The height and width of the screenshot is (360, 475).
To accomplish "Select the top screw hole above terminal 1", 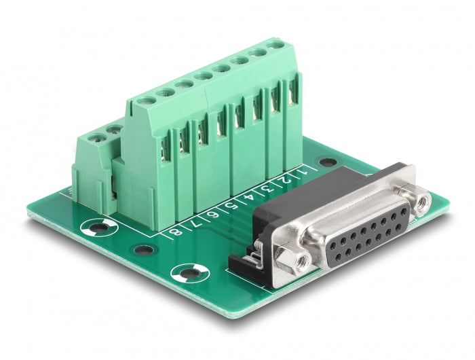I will (276, 46).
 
